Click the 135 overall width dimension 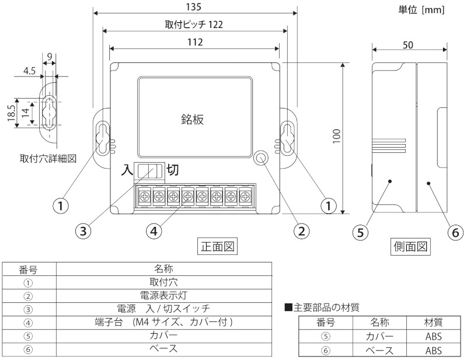pyautogui.click(x=194, y=7)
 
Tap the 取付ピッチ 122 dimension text pyautogui.click(x=194, y=25)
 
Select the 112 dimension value pyautogui.click(x=195, y=42)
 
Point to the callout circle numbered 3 pyautogui.click(x=84, y=231)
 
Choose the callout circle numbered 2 pyautogui.click(x=301, y=231)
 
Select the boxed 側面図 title pyautogui.click(x=410, y=247)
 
